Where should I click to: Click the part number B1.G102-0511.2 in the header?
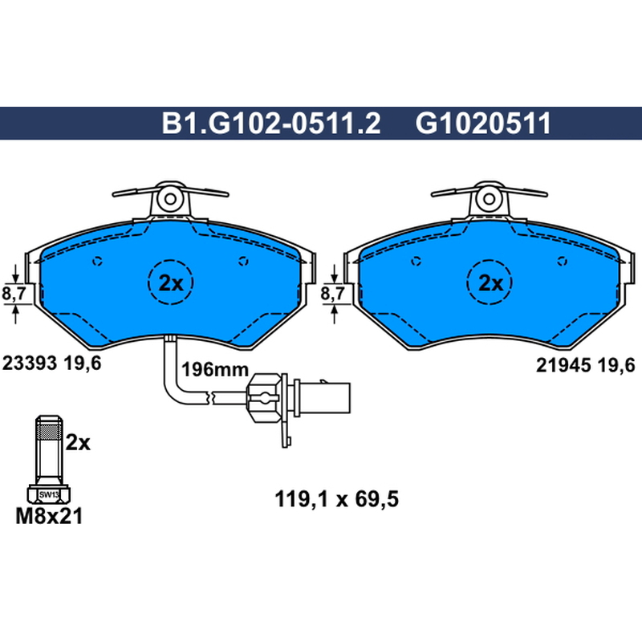pyautogui.click(x=271, y=124)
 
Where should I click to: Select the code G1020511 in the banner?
pyautogui.click(x=483, y=124)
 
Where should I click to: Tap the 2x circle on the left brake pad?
pyautogui.click(x=170, y=282)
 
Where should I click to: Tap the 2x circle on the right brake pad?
pyautogui.click(x=490, y=282)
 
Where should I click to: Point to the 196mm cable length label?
pyautogui.click(x=215, y=370)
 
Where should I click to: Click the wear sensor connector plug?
pyautogui.click(x=299, y=397)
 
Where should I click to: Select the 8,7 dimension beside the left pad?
pyautogui.click(x=14, y=294)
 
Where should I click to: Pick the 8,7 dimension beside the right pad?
pyautogui.click(x=333, y=294)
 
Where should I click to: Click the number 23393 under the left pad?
pyautogui.click(x=30, y=364)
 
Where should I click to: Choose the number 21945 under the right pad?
pyautogui.click(x=563, y=365)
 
